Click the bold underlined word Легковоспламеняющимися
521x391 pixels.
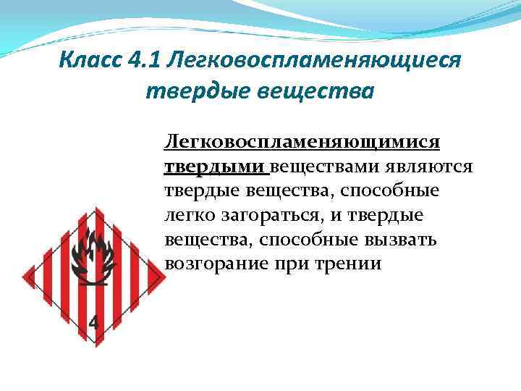(302, 142)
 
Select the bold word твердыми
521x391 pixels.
(215, 167)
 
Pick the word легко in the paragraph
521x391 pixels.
(189, 215)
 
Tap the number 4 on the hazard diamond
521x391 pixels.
(95, 323)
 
